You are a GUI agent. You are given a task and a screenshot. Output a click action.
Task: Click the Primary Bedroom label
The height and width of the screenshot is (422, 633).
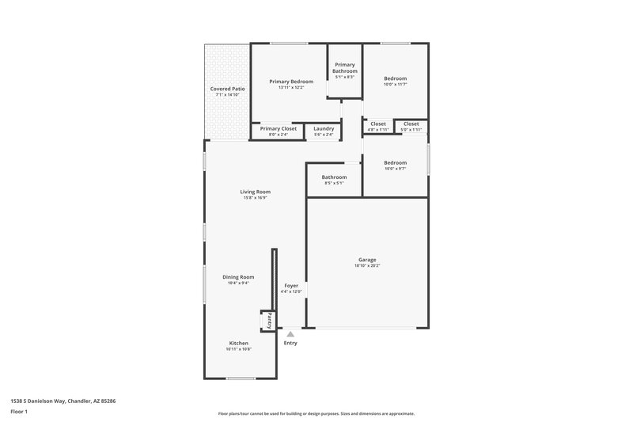(x=290, y=82)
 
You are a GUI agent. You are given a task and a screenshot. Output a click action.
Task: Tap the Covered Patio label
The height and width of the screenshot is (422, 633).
(x=227, y=89)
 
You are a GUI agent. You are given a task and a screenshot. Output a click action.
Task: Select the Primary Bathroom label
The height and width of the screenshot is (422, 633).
(x=345, y=68)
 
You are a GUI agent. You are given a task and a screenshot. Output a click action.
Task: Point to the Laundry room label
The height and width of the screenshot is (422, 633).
(x=324, y=128)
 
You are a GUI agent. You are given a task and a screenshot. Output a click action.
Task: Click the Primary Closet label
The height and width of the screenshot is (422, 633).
(x=278, y=128)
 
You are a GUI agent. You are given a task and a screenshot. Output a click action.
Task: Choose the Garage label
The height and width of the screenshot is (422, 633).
(x=367, y=260)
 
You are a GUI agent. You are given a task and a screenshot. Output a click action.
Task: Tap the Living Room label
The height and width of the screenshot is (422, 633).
(x=256, y=192)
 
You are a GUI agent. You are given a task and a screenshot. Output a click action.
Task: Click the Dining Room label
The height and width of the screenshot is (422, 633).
(x=238, y=277)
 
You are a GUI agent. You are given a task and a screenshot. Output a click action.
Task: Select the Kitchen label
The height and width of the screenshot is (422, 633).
(x=239, y=343)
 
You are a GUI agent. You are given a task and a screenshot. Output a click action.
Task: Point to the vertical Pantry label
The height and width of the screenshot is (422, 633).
(x=269, y=321)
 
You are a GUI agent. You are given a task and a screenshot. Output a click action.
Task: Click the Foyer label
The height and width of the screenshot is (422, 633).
(x=291, y=285)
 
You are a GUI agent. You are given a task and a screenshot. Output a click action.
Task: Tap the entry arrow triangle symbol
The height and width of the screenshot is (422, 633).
(x=290, y=334)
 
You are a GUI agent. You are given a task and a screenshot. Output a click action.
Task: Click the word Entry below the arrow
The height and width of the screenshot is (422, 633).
(x=290, y=343)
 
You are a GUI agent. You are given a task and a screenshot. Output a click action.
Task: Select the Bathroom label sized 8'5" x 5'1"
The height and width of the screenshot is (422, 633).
(x=334, y=177)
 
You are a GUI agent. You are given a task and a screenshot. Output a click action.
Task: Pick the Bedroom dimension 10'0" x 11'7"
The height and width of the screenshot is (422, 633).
(x=396, y=85)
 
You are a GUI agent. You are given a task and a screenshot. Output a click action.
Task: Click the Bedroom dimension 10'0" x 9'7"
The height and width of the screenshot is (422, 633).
(x=396, y=168)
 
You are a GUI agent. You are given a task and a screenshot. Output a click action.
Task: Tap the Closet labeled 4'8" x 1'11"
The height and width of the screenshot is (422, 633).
(x=378, y=130)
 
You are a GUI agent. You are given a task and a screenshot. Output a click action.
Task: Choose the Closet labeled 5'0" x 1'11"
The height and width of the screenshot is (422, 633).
(x=411, y=130)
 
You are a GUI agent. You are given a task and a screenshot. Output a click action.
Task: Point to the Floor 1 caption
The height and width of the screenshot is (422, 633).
(x=20, y=412)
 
